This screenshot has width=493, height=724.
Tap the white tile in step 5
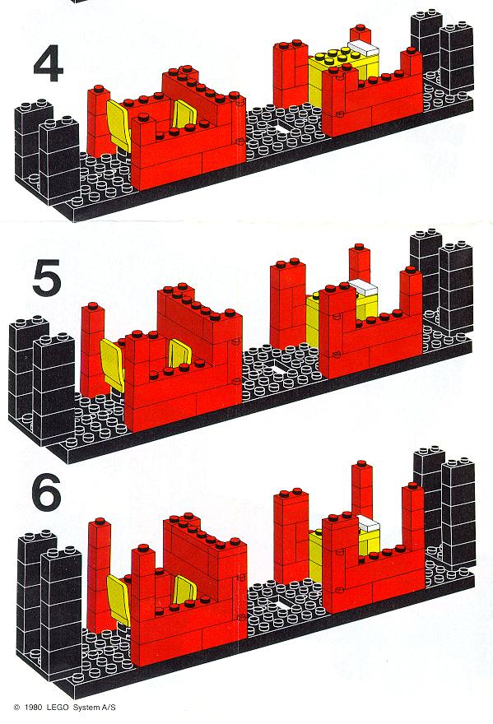click(x=363, y=287)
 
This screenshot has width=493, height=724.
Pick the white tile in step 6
click(x=368, y=523)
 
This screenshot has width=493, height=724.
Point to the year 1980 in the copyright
click(x=34, y=707)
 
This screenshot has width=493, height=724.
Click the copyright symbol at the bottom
click(x=17, y=707)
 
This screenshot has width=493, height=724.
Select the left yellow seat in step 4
click(x=118, y=120)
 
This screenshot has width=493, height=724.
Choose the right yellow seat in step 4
click(x=184, y=114)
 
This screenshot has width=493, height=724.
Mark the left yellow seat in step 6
click(x=119, y=599)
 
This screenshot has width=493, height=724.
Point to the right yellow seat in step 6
click(x=185, y=589)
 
